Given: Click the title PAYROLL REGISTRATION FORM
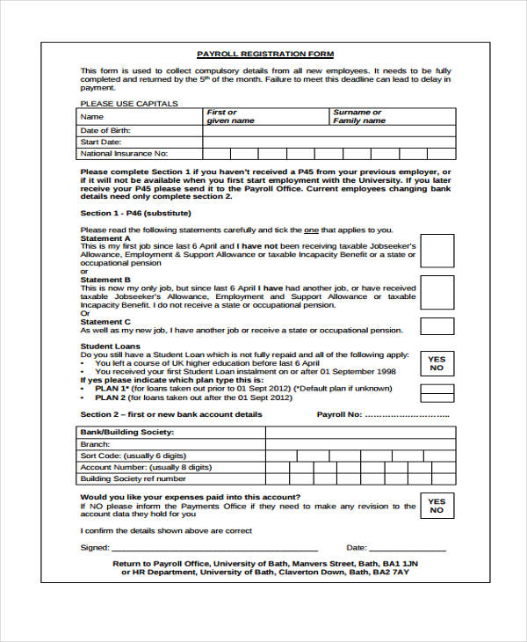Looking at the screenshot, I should pyautogui.click(x=264, y=54).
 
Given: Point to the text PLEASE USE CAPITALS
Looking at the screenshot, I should pyautogui.click(x=129, y=104).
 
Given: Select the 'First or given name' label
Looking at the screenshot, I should pyautogui.click(x=230, y=117).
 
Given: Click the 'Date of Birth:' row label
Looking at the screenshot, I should pyautogui.click(x=105, y=130).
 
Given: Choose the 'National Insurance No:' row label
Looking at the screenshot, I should pyautogui.click(x=124, y=153).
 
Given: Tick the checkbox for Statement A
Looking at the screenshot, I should pyautogui.click(x=437, y=251).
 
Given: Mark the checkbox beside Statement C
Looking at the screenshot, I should pyautogui.click(x=437, y=326).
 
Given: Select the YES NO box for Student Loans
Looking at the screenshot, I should pyautogui.click(x=437, y=364).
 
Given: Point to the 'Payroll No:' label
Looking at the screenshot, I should pyautogui.click(x=339, y=414).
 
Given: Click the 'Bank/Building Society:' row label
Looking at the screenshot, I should pyautogui.click(x=126, y=433).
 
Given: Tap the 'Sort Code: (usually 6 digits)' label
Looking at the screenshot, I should pyautogui.click(x=134, y=456).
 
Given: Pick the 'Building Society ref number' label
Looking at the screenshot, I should pyautogui.click(x=134, y=479).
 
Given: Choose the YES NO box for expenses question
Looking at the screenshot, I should pyautogui.click(x=437, y=506).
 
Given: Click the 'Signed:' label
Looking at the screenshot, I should pyautogui.click(x=95, y=547).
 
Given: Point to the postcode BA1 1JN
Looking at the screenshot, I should pyautogui.click(x=401, y=563).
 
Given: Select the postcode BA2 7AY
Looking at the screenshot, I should pyautogui.click(x=391, y=573).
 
